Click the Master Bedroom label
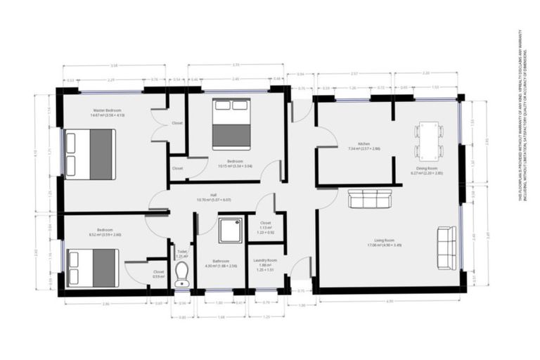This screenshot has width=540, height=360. (x=107, y=112)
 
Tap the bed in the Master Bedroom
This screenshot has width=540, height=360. (x=89, y=153)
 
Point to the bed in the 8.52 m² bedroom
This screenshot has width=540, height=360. (x=92, y=268)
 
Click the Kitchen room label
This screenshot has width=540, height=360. (x=364, y=146)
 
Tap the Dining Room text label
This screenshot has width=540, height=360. (x=428, y=169)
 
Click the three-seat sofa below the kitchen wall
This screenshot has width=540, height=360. (x=370, y=200)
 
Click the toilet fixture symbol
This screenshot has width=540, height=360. (x=182, y=272)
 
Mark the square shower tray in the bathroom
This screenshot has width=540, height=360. (x=230, y=230)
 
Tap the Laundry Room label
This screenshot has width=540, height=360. (x=265, y=262)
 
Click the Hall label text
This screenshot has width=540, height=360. (x=212, y=197)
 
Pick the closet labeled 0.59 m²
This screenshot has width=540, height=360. (x=158, y=274)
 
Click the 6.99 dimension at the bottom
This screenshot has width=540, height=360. (x=389, y=301)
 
